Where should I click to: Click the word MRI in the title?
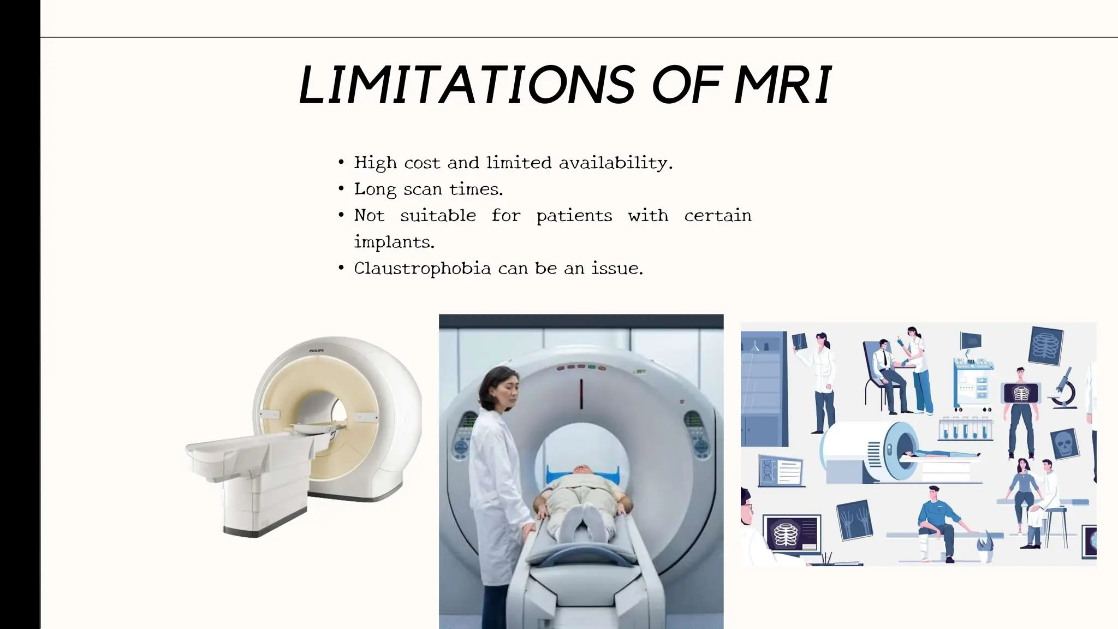783,85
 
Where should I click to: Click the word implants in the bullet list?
393,242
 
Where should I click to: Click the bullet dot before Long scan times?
341,189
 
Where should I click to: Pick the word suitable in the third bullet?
438,216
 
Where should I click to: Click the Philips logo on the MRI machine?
317,351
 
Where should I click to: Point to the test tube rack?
965,430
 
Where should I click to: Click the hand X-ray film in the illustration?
854,519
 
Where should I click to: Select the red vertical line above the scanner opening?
581,393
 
